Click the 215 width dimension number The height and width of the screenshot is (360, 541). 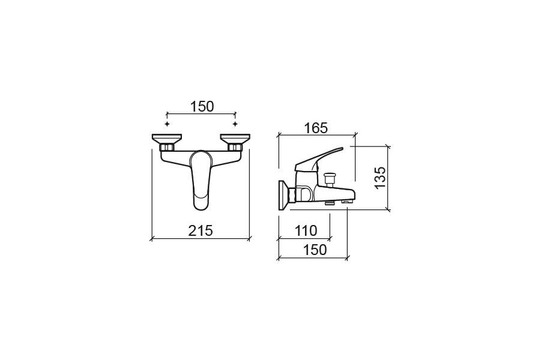(x=201, y=230)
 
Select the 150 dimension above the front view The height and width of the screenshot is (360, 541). (x=202, y=107)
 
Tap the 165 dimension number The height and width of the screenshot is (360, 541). (x=316, y=128)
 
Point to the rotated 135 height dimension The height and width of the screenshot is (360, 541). (x=380, y=178)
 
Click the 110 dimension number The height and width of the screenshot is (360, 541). (x=306, y=230)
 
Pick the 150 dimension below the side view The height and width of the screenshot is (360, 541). (x=315, y=250)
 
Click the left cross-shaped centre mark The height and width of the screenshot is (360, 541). (x=168, y=124)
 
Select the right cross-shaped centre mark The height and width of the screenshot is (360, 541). (x=235, y=124)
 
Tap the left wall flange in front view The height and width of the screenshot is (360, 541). (x=167, y=139)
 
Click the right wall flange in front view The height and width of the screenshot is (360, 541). (x=235, y=139)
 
